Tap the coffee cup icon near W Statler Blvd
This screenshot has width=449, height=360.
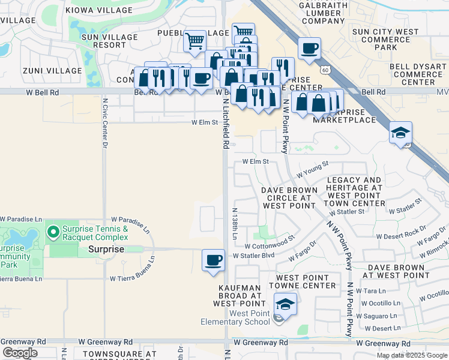click(x=213, y=260)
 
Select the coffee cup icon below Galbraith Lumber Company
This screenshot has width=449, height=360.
click(x=309, y=48)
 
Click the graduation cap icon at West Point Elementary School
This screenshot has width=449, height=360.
click(x=286, y=304)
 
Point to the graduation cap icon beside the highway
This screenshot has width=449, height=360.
click(x=400, y=132)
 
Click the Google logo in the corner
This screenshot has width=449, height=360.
click(x=19, y=353)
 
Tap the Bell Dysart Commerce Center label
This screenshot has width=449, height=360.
click(x=417, y=74)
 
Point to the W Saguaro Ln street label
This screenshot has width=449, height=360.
click(x=376, y=316)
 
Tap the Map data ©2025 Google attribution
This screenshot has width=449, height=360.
click(x=412, y=355)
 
